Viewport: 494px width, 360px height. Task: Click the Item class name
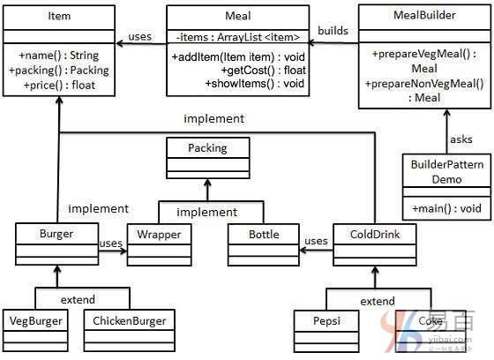pos(59,16)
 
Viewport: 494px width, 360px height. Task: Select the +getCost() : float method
pos(264,71)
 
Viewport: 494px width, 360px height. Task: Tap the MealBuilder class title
pos(424,15)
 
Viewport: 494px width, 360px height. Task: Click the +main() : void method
pos(446,208)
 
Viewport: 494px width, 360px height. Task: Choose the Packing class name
pos(207,148)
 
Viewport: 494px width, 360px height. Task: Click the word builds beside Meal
pos(333,31)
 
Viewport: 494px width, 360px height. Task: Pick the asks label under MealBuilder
pos(460,139)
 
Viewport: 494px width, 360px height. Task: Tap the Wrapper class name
pos(159,235)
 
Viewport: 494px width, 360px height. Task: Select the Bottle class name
pos(264,235)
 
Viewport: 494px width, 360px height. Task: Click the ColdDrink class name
pos(375,234)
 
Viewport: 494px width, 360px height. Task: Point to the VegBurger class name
pos(35,321)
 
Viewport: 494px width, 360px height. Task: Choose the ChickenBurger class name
pos(129,321)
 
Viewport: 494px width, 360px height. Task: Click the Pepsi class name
pos(326,320)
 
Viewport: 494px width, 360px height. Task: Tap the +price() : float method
pos(59,85)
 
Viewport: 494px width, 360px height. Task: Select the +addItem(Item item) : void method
pos(238,57)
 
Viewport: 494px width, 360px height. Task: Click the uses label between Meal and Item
pos(139,36)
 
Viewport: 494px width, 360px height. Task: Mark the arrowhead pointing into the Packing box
pos(207,183)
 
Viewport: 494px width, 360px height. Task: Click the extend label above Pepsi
pos(378,301)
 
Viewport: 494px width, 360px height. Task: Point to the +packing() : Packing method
pos(59,71)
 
